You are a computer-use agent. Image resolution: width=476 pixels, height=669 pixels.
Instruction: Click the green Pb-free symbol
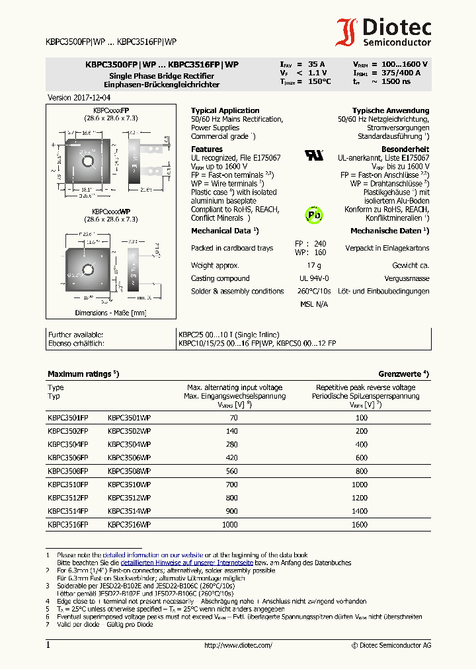(313, 214)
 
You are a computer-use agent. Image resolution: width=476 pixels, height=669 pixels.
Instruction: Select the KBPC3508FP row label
(67, 471)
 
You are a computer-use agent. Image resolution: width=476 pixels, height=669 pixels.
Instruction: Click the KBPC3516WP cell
(129, 524)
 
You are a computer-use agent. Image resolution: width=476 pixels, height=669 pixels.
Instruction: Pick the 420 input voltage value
(232, 457)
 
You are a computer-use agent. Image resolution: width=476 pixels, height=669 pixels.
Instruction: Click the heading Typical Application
(225, 110)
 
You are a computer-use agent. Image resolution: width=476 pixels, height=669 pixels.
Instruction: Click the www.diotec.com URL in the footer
(238, 645)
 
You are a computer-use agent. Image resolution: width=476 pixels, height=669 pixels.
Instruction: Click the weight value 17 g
(313, 265)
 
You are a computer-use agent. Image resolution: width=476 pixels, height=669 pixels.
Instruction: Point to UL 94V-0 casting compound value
(313, 278)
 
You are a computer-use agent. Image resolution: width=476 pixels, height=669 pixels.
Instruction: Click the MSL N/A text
(313, 304)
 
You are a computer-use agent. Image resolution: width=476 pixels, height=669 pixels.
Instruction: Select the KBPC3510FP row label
(67, 484)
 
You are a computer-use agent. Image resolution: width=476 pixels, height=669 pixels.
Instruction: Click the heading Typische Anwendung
(390, 110)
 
